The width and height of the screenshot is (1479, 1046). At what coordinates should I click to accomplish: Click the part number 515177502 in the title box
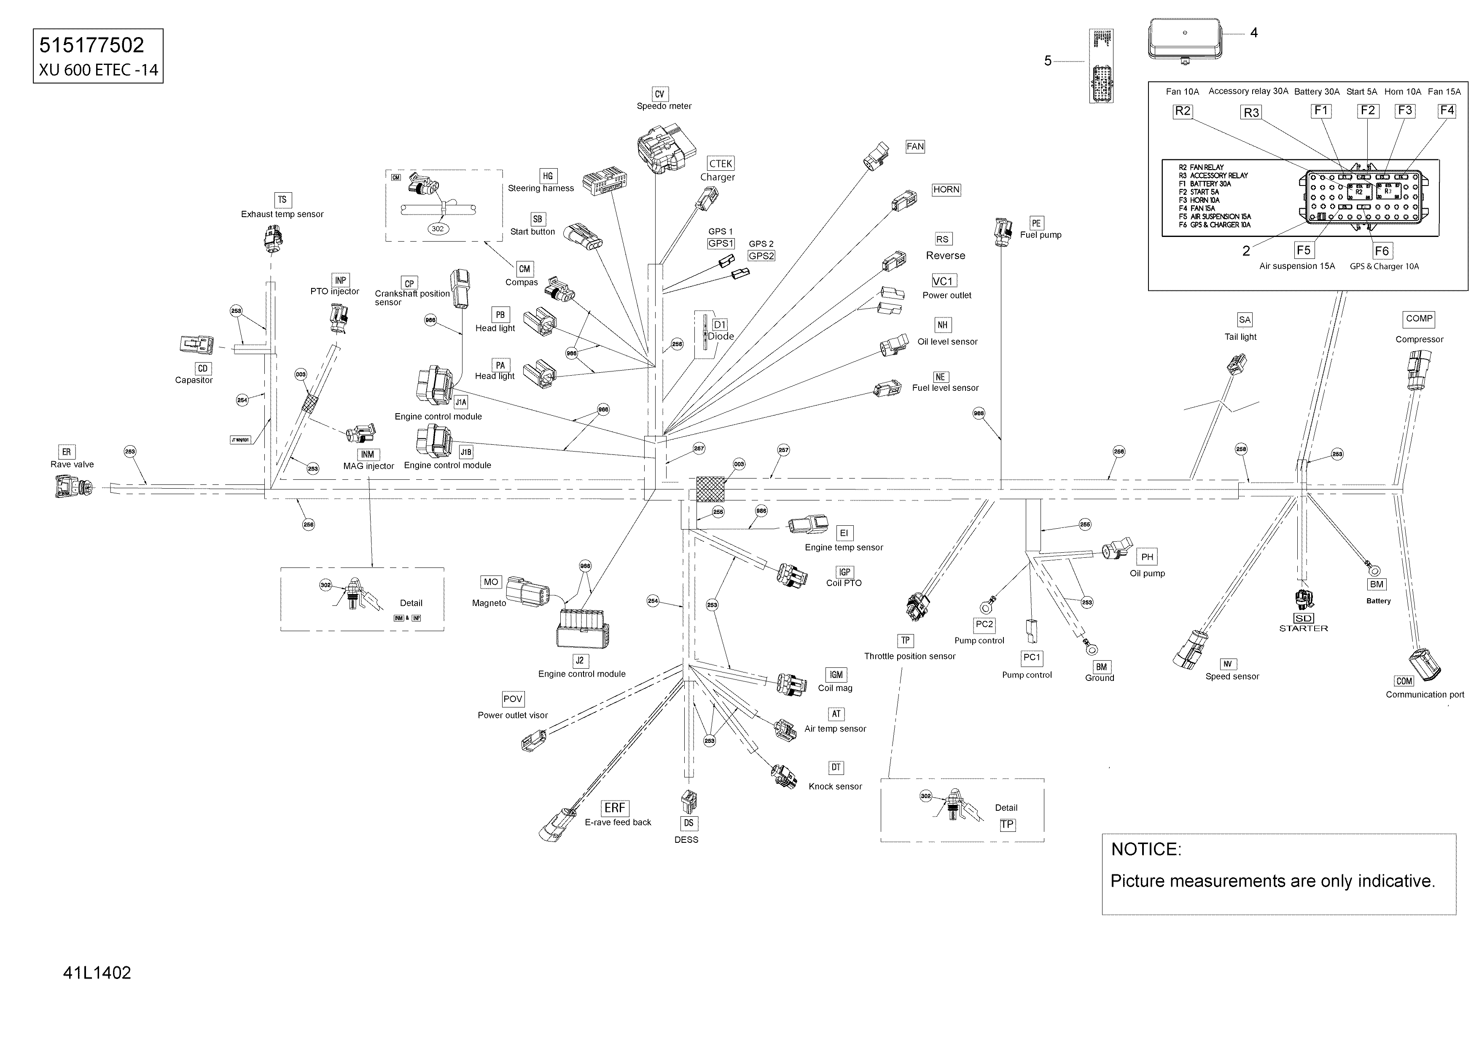click(x=91, y=45)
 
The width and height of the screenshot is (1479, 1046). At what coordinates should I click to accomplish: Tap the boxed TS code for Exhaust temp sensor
click(x=282, y=200)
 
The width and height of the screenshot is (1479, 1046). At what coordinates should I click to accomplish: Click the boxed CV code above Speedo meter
click(x=659, y=94)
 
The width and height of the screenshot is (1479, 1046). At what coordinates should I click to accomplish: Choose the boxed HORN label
click(x=946, y=189)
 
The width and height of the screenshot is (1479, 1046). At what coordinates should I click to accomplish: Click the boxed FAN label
click(x=915, y=147)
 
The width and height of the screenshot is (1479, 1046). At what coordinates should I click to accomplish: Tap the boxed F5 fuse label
click(x=1303, y=250)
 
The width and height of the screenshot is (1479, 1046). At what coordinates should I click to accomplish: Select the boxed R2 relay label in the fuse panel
click(x=1183, y=111)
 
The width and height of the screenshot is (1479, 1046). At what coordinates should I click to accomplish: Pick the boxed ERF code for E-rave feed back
click(x=615, y=808)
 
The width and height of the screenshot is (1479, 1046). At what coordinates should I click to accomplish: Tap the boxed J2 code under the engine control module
click(x=580, y=660)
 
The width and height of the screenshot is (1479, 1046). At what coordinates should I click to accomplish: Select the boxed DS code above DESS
click(x=688, y=823)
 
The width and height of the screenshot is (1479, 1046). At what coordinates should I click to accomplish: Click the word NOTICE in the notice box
click(x=1146, y=849)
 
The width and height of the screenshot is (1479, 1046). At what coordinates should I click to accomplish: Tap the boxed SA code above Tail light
click(x=1245, y=320)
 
